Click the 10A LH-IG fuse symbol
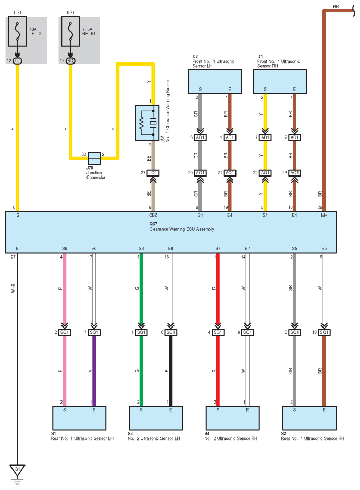click(17, 32)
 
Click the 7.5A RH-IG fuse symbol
click(70, 32)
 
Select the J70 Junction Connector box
click(94, 158)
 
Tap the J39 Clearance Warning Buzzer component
click(147, 123)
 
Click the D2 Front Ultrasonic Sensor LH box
click(215, 82)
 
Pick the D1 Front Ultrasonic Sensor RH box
click(280, 82)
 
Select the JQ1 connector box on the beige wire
click(153, 173)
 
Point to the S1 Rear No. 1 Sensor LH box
click(79, 418)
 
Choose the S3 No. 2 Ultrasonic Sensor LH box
click(156, 418)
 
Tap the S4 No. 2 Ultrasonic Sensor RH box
click(232, 418)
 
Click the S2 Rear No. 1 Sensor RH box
click(309, 418)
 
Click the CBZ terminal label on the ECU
click(153, 215)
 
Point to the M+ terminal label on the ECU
click(324, 215)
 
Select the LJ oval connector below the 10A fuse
click(18, 60)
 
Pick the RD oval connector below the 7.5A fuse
click(70, 60)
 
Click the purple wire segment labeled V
click(94, 371)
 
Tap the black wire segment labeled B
click(171, 371)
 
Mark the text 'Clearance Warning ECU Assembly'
click(181, 229)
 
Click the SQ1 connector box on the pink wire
click(65, 332)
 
